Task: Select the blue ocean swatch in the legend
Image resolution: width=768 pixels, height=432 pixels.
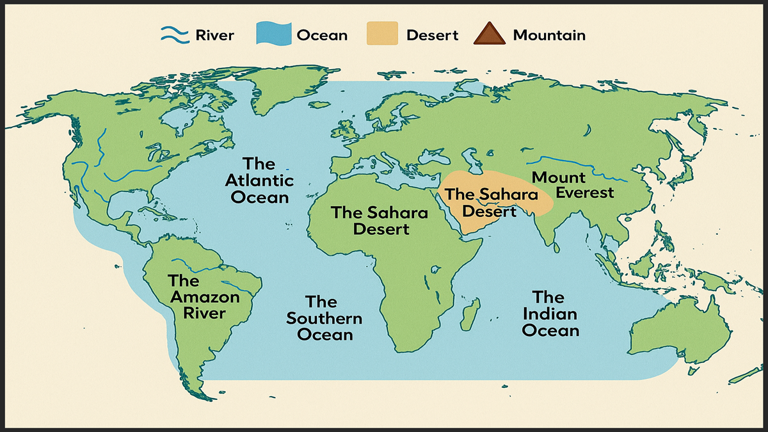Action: (273, 35)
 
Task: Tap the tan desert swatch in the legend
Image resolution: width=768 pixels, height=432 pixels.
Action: (383, 35)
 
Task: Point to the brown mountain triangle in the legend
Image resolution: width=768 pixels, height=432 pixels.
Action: (489, 35)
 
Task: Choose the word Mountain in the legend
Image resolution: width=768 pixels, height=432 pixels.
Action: (549, 35)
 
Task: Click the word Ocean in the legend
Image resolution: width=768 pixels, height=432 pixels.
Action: (321, 35)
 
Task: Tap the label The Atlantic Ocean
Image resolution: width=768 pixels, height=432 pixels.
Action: (259, 180)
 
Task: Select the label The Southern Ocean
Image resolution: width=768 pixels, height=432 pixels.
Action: (324, 318)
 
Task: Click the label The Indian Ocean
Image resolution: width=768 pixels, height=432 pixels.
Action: (550, 314)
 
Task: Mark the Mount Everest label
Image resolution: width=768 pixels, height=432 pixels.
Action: (571, 185)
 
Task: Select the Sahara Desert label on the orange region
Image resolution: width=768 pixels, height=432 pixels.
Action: (481, 202)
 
